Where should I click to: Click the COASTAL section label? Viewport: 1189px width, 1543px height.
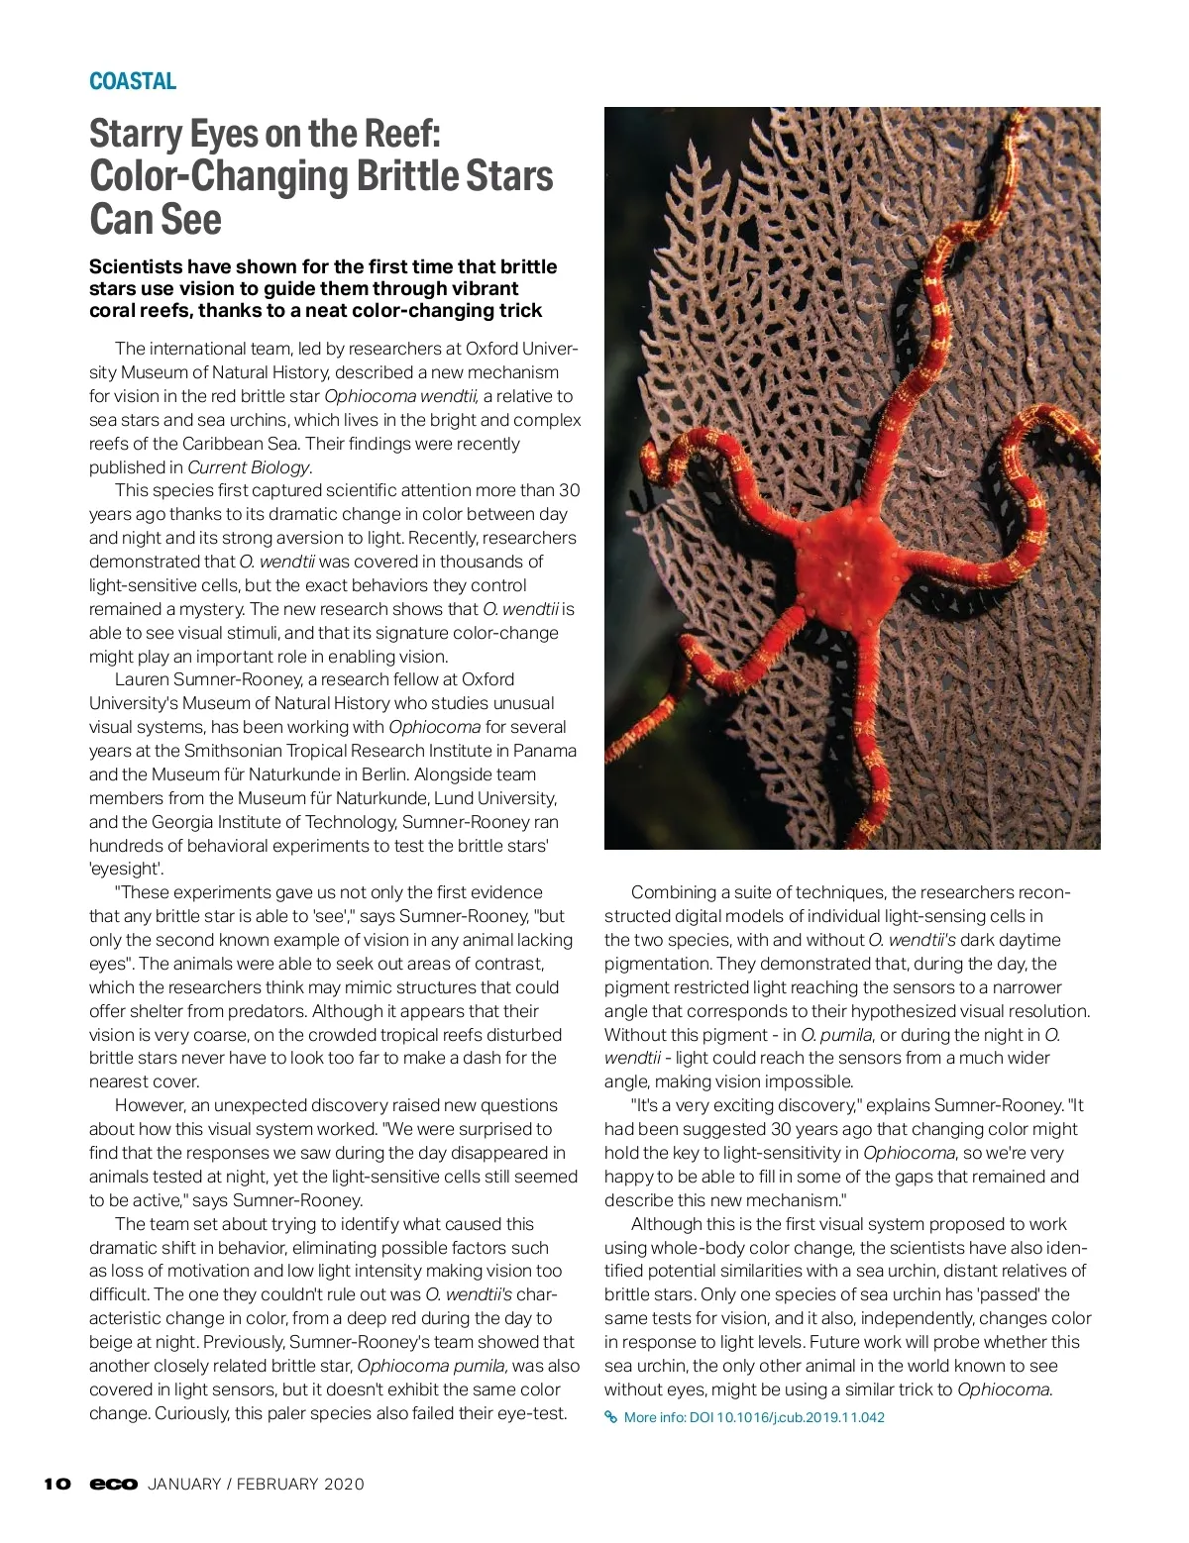(x=133, y=81)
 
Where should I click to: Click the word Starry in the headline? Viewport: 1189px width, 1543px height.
(x=135, y=134)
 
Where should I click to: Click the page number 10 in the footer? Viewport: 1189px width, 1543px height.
(x=57, y=1484)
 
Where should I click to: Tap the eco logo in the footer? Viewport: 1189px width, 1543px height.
(x=113, y=1484)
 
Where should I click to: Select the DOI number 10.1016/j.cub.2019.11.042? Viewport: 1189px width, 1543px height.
(x=801, y=1417)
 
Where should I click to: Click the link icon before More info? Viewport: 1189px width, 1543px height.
(x=611, y=1417)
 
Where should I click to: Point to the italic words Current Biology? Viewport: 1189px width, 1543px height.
(x=249, y=467)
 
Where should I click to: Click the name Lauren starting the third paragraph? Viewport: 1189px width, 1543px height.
(x=142, y=679)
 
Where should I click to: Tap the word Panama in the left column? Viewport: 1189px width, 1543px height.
(x=548, y=751)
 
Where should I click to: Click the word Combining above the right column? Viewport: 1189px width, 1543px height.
(x=672, y=892)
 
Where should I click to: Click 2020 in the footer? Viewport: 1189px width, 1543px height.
(x=344, y=1485)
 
